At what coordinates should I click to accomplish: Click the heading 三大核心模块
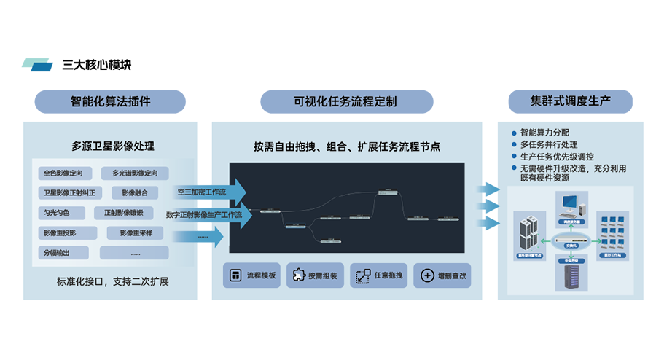click(x=97, y=65)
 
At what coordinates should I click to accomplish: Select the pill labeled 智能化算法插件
click(x=111, y=101)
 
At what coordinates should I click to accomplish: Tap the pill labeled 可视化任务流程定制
click(x=346, y=101)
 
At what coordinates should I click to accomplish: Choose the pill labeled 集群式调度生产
click(x=571, y=101)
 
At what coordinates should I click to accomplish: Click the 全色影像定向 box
click(x=67, y=173)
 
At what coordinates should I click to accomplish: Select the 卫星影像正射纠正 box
click(x=71, y=193)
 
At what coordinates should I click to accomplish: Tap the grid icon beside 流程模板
click(x=235, y=276)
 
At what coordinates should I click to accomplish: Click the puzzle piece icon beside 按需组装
click(x=297, y=276)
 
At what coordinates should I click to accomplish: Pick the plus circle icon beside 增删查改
click(x=426, y=276)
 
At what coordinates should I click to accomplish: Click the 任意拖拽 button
click(x=378, y=276)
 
